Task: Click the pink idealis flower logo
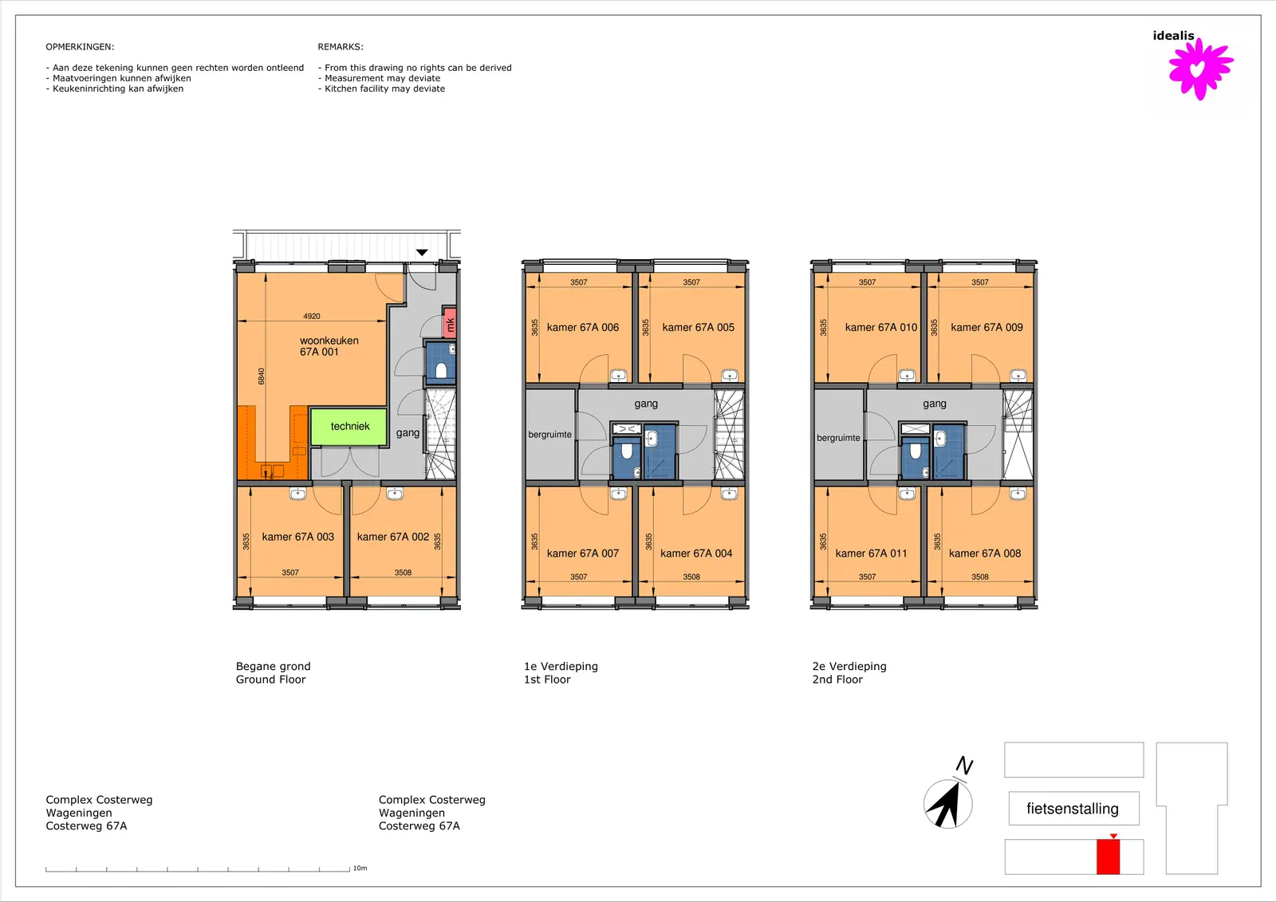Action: click(1201, 69)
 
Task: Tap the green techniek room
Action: click(349, 426)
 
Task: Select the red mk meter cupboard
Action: click(450, 323)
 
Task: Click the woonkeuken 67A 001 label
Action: click(329, 346)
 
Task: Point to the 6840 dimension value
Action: click(261, 376)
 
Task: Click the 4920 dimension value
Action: click(312, 317)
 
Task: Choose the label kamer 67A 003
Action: click(298, 537)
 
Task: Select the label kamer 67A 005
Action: click(699, 327)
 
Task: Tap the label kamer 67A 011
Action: click(871, 553)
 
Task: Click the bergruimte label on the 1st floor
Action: click(549, 435)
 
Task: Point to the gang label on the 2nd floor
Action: click(934, 404)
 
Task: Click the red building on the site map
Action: click(1108, 857)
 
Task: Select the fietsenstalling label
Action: click(1073, 809)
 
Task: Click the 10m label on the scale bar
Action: click(360, 869)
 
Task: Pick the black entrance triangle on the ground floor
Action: click(422, 253)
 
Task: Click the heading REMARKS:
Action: click(341, 47)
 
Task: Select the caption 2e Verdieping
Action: click(849, 666)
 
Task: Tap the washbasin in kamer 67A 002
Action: click(395, 494)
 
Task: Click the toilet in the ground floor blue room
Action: click(441, 371)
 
